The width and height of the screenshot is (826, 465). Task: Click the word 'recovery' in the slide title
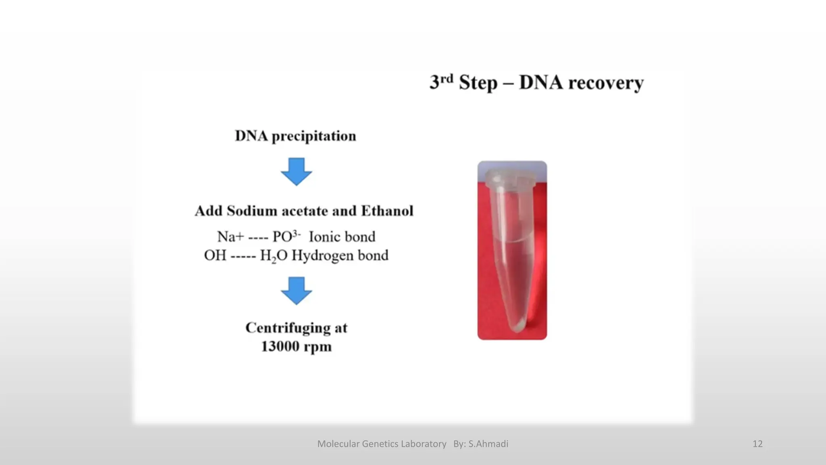(606, 83)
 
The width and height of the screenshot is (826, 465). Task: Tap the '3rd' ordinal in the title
(441, 82)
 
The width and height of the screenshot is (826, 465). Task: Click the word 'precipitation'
(314, 136)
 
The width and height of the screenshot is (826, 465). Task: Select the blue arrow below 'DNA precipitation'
(296, 172)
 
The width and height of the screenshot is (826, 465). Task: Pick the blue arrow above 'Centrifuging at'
(296, 291)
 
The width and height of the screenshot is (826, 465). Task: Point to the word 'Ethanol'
(387, 211)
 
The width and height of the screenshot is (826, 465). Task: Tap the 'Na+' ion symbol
(230, 237)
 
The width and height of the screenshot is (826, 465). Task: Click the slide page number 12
(757, 444)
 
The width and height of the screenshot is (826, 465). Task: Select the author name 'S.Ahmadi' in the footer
(488, 444)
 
